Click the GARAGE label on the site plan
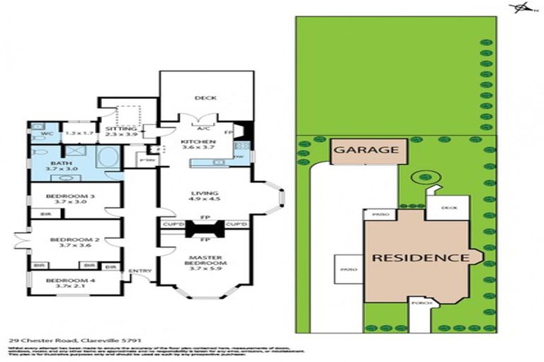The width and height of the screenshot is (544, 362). [366, 151]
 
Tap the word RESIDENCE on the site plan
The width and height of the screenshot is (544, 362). [421, 257]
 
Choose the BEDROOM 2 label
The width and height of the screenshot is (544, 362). [69, 240]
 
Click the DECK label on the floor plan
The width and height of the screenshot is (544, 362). [205, 98]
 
